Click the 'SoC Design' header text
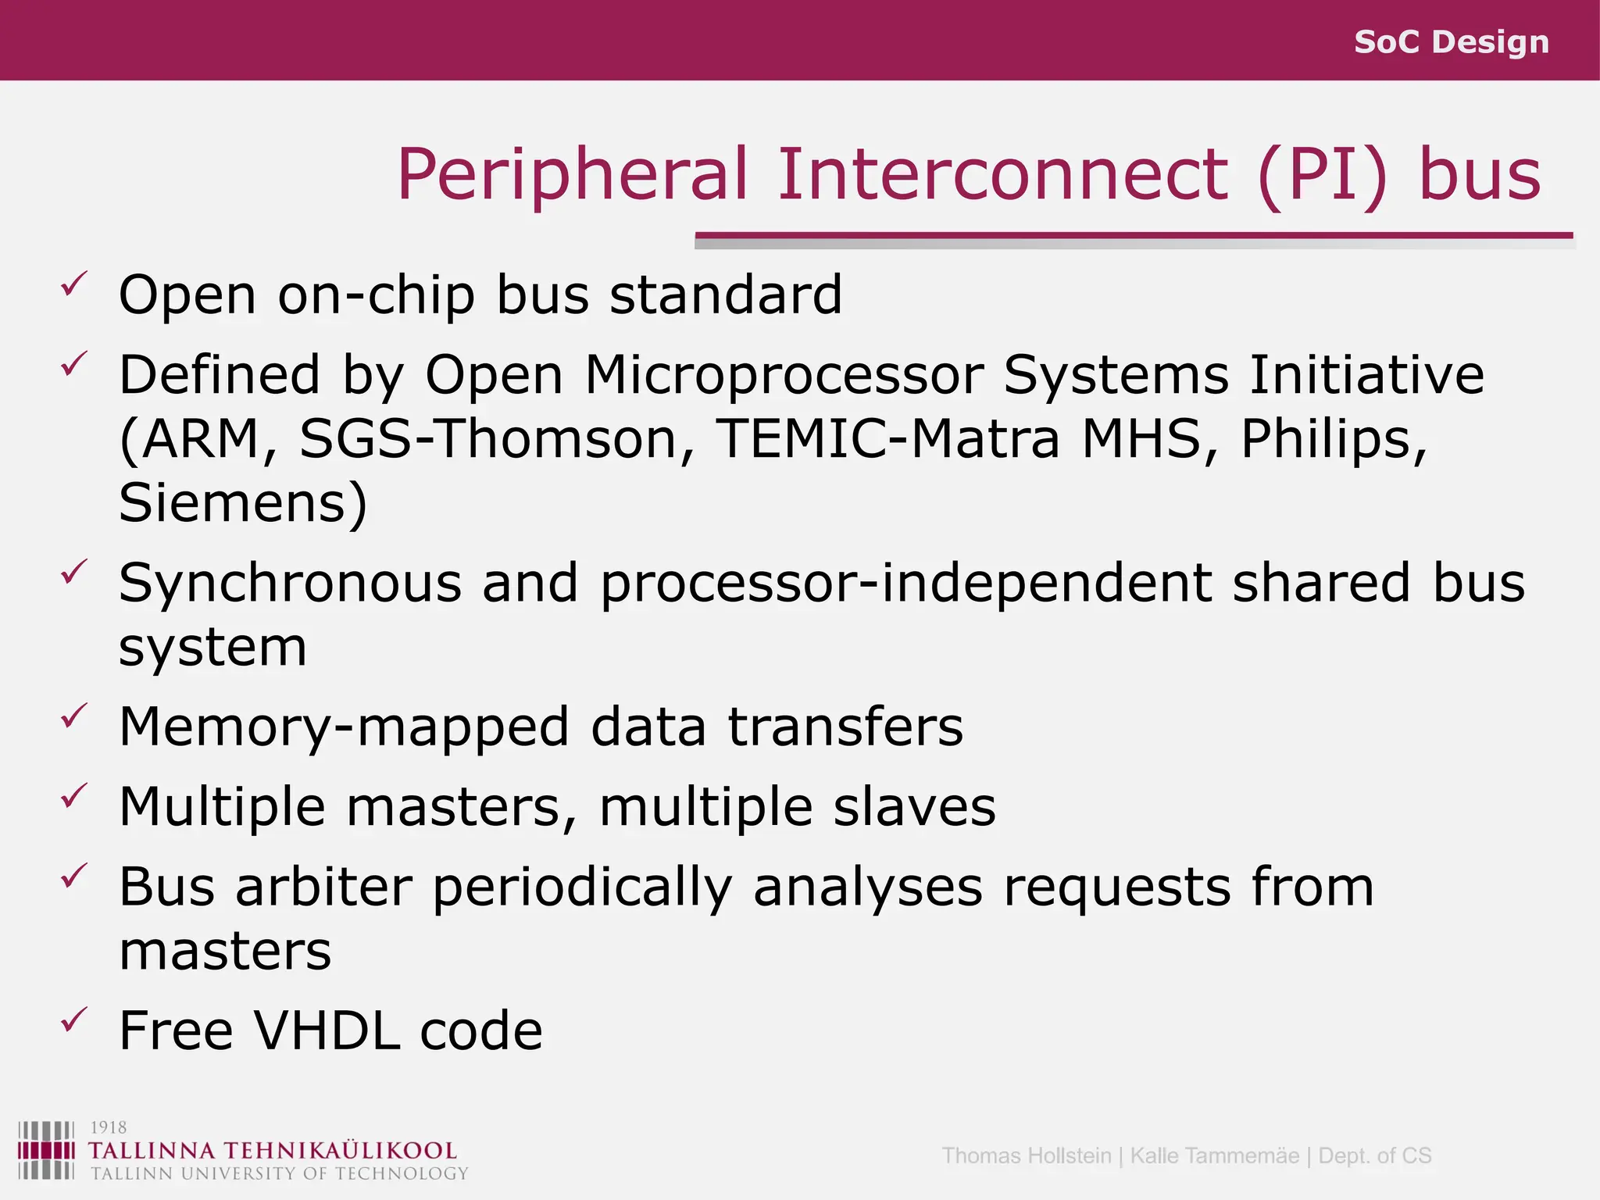(x=1451, y=41)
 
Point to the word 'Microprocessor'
(x=784, y=375)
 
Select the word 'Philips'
(x=1333, y=438)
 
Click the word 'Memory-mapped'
(x=344, y=727)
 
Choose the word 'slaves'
(x=914, y=807)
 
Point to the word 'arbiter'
(x=323, y=887)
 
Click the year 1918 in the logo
(x=109, y=1127)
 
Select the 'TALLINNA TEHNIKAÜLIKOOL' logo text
(x=272, y=1151)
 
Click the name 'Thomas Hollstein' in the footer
(x=1026, y=1155)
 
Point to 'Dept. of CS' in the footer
(x=1374, y=1155)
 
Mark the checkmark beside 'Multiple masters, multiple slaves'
(x=73, y=796)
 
